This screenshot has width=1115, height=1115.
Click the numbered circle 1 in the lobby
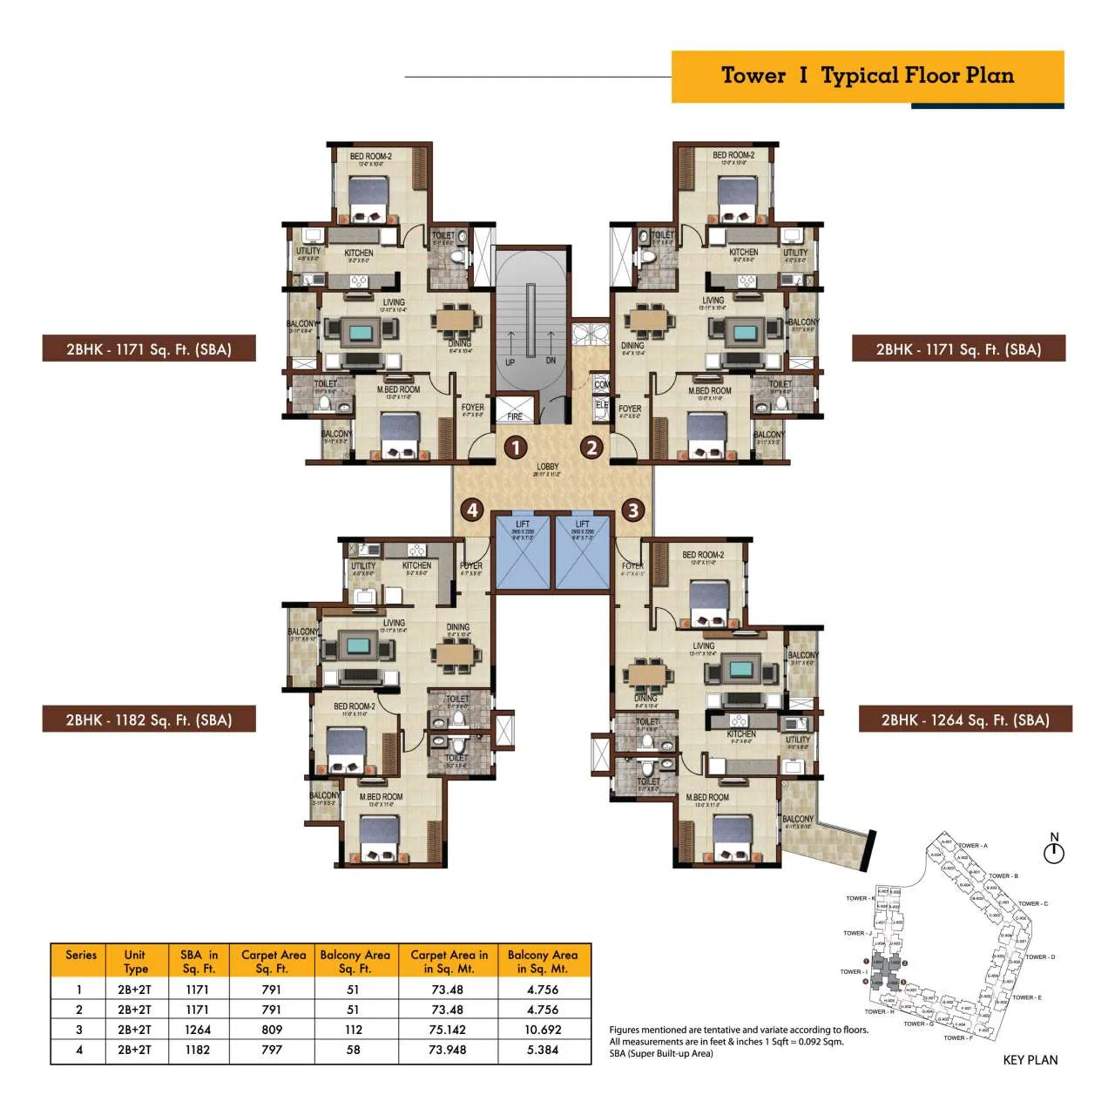tap(517, 448)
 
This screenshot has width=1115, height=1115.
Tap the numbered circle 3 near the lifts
tap(633, 510)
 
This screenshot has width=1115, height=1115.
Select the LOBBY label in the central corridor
tap(548, 467)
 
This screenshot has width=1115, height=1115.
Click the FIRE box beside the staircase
tap(515, 412)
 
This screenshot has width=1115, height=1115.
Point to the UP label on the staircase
tap(510, 362)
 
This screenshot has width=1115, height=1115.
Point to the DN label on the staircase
tap(551, 361)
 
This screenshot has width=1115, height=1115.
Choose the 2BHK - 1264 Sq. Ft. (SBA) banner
tap(965, 720)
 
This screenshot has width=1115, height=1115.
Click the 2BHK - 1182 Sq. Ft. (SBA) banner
tap(149, 720)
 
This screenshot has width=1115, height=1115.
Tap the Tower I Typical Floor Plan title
tap(868, 76)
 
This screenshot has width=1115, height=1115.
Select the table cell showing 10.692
tap(543, 1030)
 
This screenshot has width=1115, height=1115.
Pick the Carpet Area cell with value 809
tap(272, 1030)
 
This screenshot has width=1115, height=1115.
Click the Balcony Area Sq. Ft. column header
tap(355, 962)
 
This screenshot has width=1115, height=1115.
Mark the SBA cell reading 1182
tap(198, 1050)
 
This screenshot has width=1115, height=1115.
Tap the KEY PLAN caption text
tap(1031, 1060)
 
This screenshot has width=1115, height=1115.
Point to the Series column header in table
tap(81, 956)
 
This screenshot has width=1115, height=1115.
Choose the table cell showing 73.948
tap(448, 1050)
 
